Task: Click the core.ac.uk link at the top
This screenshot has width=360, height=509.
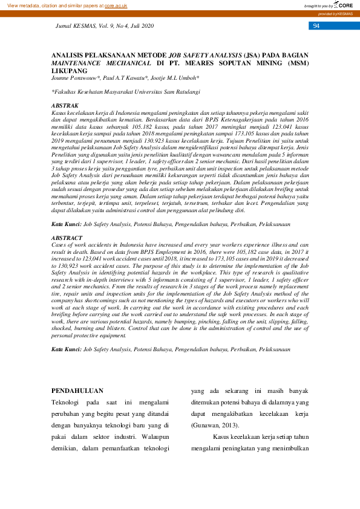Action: tap(116, 5)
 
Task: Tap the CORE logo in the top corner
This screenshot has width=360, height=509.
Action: tap(344, 5)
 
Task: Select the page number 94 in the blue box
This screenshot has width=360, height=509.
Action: tap(316, 26)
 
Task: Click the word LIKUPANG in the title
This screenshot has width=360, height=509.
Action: tap(69, 70)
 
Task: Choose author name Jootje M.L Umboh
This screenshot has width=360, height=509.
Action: tap(176, 78)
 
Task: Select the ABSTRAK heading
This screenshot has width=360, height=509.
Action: tap(65, 106)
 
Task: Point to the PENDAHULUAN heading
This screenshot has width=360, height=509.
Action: tap(77, 391)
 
